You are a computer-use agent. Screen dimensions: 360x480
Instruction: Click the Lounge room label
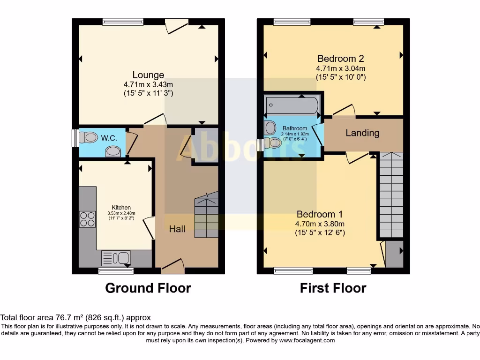point(148,75)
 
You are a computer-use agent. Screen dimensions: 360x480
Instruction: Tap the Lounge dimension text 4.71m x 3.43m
point(148,85)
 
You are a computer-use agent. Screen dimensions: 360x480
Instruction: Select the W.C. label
point(109,138)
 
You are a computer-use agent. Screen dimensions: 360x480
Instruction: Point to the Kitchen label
point(121,207)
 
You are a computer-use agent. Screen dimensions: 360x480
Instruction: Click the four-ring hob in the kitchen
point(87,219)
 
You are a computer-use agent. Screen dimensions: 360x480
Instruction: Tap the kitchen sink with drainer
point(116,258)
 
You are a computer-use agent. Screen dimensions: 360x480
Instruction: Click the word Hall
point(177,229)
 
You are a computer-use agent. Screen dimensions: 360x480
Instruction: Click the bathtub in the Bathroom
point(292,105)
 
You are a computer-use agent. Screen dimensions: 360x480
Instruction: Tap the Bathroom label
point(295,128)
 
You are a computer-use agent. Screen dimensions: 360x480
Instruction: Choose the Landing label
point(362,133)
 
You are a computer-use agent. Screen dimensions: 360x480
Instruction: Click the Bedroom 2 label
point(340,59)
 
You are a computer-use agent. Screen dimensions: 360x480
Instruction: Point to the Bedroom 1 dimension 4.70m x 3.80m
point(320,224)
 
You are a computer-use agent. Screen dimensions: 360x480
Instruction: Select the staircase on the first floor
point(390,195)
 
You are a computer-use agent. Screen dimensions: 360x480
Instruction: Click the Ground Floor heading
point(148,288)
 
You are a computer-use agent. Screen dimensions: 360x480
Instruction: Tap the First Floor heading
point(333,288)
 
